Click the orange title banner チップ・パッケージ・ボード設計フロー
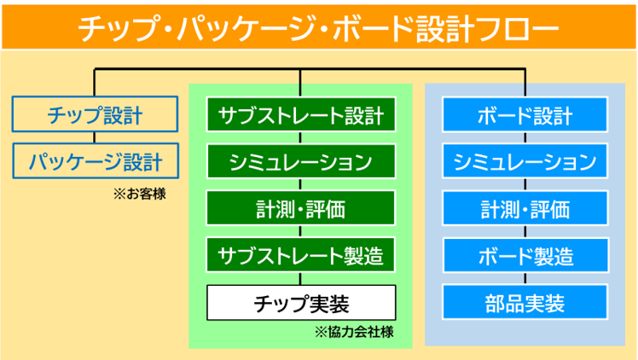pos(319,27)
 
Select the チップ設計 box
pos(96,114)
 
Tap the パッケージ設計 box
pos(96,160)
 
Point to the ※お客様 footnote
pos(140,194)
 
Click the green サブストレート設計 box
pos(301,114)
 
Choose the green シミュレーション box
pos(301,161)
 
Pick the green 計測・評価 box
pos(301,208)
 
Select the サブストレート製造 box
pos(301,255)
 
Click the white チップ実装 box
pos(301,303)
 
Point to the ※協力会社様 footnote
pos(354,332)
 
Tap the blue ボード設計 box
pos(525,114)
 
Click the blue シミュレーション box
pos(525,161)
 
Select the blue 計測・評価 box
pos(525,208)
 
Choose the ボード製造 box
pos(525,255)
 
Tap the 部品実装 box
pos(525,302)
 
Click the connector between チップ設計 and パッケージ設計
pos(95,137)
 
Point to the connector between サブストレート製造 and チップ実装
pos(300,279)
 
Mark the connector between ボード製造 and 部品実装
pos(525,279)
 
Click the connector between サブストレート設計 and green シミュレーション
pos(300,138)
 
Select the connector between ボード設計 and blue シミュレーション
pos(525,138)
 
